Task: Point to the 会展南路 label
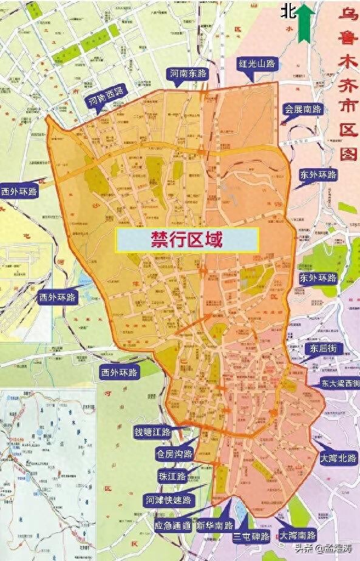click(x=304, y=110)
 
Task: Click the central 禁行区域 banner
click(x=187, y=239)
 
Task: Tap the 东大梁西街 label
click(x=341, y=384)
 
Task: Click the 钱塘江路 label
click(x=152, y=432)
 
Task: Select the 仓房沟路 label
click(x=174, y=454)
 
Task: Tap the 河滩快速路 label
click(x=168, y=501)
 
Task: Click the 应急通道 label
click(x=172, y=525)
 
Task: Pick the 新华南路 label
click(x=214, y=525)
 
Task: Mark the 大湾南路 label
click(x=297, y=535)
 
